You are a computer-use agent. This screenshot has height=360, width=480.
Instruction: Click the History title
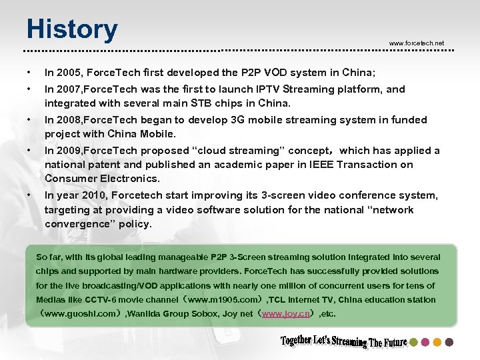[x=72, y=30]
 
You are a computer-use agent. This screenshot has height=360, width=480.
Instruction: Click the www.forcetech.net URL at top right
[x=416, y=43]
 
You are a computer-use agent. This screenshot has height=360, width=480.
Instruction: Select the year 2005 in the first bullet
[x=65, y=72]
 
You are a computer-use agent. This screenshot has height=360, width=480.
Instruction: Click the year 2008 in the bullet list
[x=65, y=120]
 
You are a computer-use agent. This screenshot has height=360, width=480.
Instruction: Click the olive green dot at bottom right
[x=413, y=342]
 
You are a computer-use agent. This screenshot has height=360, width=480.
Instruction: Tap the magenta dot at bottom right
[x=425, y=342]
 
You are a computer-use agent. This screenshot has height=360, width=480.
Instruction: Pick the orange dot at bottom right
[x=437, y=342]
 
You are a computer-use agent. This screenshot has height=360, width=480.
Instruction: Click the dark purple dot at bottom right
[x=449, y=342]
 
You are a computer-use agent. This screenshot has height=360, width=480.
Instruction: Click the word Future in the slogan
[x=394, y=343]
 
